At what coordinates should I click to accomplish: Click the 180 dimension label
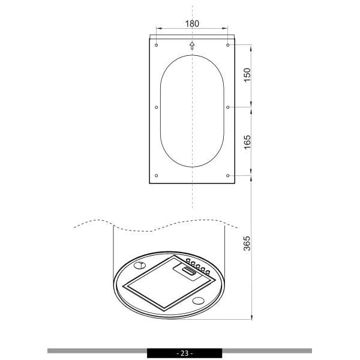click(192, 23)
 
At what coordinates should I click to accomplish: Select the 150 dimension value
click(247, 75)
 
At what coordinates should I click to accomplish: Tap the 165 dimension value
click(247, 142)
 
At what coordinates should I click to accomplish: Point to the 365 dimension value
click(247, 244)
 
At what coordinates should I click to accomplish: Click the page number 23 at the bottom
click(184, 353)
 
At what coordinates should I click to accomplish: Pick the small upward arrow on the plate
click(192, 46)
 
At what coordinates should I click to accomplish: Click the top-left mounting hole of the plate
click(157, 45)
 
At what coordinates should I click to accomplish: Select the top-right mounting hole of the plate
click(227, 45)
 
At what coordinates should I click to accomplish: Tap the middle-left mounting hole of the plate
click(157, 107)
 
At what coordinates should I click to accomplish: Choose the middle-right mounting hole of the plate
click(227, 107)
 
